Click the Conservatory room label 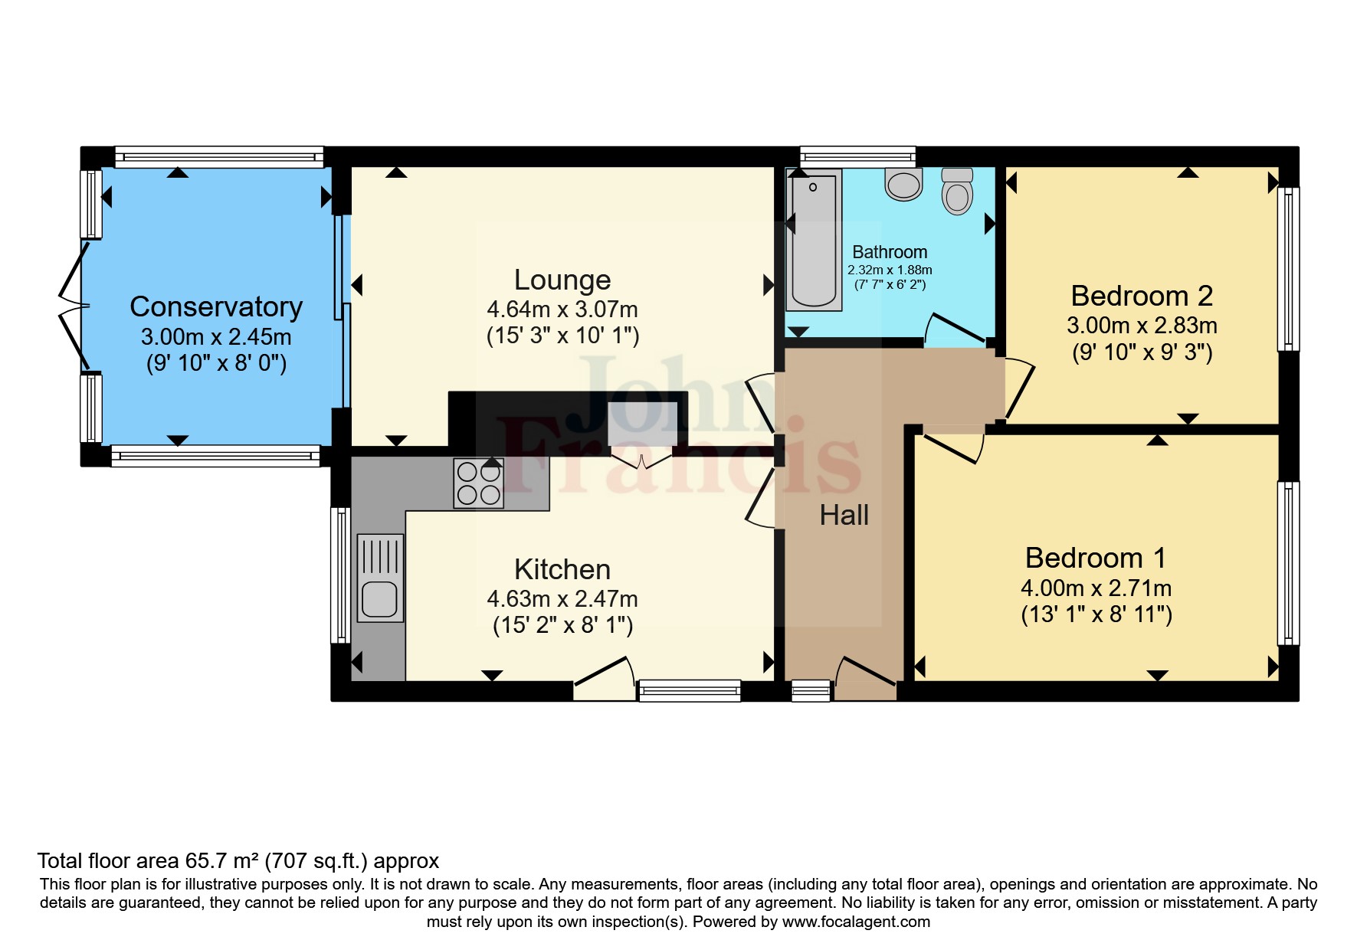coord(216,306)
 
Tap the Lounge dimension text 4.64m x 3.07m coord(562,310)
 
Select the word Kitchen coord(562,569)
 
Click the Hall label coord(844,515)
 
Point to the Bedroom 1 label coord(1096,558)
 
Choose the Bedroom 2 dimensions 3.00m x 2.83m coord(1142,326)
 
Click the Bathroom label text coord(890,252)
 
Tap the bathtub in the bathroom coord(814,239)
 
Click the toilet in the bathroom coord(957,191)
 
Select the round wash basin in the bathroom coord(903,185)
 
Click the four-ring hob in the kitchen coord(479,483)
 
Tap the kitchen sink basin coord(379,598)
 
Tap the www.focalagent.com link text coord(856,922)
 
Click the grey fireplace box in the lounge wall coord(642,424)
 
